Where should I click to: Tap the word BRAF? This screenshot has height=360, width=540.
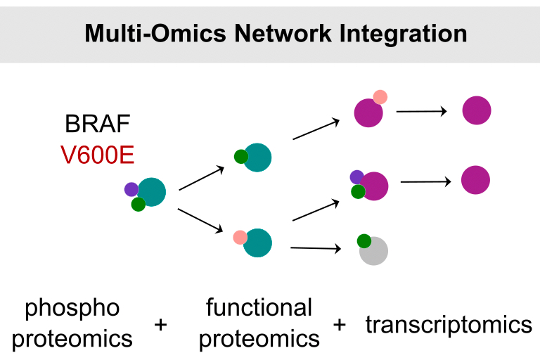tap(97, 125)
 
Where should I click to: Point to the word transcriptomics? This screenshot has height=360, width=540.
tap(449, 325)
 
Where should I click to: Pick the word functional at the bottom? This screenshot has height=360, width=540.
tap(259, 308)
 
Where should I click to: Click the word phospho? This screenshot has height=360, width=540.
tap(72, 308)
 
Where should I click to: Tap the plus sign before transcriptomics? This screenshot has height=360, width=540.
tap(340, 326)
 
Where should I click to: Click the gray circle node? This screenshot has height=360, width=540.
tap(375, 252)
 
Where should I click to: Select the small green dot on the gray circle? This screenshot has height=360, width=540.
tap(364, 241)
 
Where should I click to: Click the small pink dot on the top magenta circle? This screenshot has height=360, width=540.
tap(380, 97)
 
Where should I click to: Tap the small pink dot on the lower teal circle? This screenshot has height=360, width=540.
tap(240, 237)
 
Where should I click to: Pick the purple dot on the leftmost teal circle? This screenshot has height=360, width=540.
tap(131, 188)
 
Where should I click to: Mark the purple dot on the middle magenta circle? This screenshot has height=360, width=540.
tap(356, 176)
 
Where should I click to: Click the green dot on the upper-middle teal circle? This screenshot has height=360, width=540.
tap(240, 157)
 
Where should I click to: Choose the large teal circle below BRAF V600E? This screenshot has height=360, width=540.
tap(152, 192)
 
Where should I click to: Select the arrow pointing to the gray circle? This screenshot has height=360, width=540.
tap(316, 247)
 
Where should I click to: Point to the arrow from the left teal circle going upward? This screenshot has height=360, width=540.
tap(202, 179)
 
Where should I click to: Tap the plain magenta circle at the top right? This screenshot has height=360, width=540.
tap(476, 110)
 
